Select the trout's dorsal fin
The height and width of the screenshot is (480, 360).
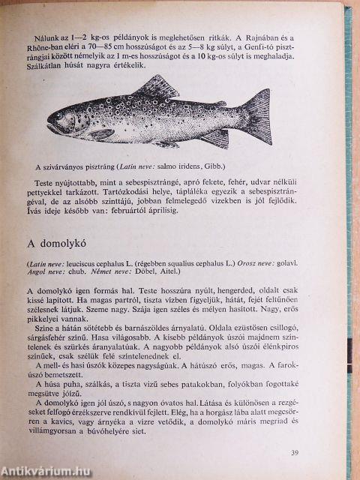click(155, 87)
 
